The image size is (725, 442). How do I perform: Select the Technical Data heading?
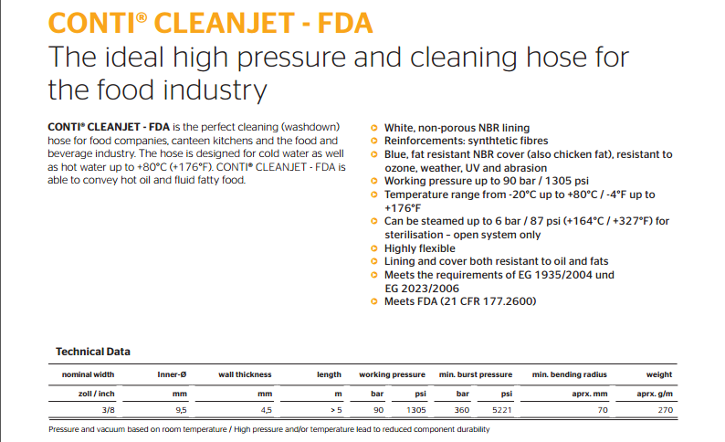93,352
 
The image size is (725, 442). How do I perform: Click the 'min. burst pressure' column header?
475,374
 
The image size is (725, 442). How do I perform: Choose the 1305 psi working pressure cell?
415,411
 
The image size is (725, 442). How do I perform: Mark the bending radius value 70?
603,411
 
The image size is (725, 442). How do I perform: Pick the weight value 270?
666,411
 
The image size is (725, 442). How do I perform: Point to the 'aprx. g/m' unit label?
655,393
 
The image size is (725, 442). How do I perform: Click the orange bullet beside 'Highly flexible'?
375,248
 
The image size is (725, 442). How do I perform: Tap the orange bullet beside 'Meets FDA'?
375,301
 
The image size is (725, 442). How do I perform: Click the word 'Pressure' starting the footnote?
66,428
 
